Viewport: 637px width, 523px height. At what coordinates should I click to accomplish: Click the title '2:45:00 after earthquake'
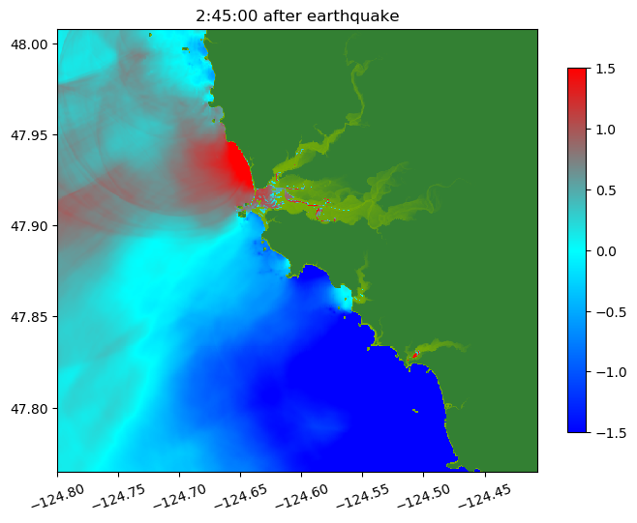click(x=297, y=15)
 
